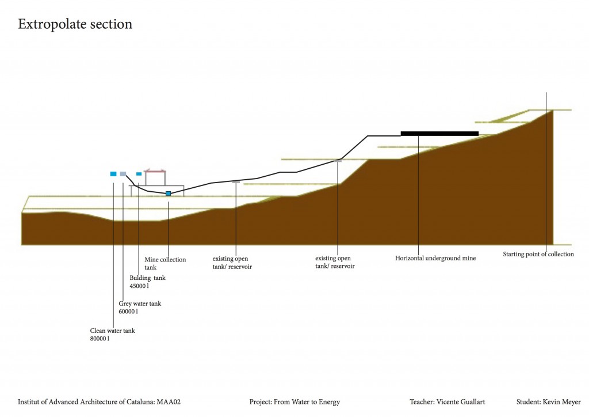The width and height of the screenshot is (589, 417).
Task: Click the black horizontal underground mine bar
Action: [439, 133]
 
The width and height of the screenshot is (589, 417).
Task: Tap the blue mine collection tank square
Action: [168, 194]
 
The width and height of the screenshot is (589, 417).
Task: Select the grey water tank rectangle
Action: [123, 173]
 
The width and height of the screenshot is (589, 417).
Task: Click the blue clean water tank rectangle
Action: [113, 173]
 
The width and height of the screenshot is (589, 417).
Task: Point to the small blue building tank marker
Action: [139, 173]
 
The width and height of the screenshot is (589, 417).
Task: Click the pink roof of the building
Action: [155, 170]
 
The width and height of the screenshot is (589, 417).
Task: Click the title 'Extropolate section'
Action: [75, 24]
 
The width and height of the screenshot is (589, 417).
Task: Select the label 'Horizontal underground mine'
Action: [435, 258]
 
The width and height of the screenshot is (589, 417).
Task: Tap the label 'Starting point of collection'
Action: [538, 254]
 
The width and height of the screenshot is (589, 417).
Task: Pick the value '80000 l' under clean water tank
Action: [100, 339]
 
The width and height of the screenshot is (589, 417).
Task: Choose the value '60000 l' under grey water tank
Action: [128, 312]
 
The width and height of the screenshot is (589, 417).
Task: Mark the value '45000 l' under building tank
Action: [139, 286]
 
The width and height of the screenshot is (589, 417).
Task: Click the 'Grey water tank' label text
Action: [140, 304]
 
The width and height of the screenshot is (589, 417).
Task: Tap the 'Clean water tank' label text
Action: [112, 331]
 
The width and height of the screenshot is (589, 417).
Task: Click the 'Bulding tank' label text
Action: [148, 278]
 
